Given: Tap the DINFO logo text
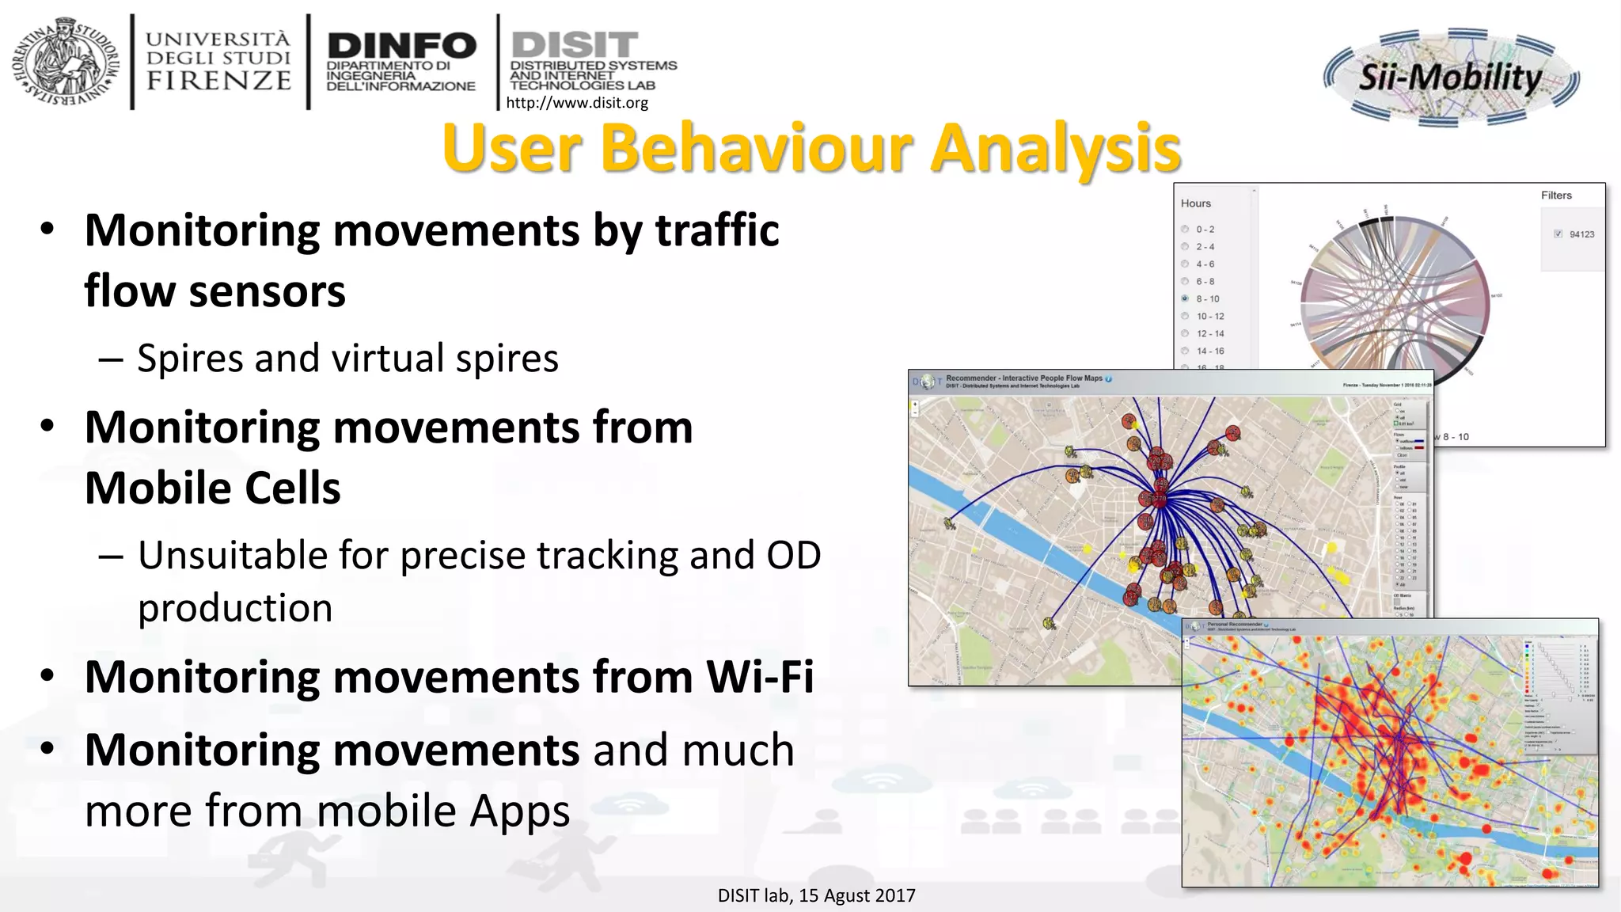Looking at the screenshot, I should coord(401,46).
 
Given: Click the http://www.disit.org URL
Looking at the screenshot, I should coord(576,102).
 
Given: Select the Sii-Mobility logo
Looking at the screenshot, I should coord(1451,78).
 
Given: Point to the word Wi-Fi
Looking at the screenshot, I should coord(760,677).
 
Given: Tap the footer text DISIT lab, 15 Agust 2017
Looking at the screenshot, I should coord(816,895).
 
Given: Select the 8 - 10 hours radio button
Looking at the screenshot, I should coord(1185,298).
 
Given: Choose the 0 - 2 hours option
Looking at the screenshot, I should coord(1185,229).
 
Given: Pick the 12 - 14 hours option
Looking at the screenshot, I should coord(1185,333).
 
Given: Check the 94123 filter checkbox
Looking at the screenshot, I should coord(1558,234).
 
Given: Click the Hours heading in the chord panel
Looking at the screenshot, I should coord(1195,203).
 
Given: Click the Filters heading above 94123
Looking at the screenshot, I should coord(1555,196).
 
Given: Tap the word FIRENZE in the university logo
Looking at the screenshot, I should coord(218,81).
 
